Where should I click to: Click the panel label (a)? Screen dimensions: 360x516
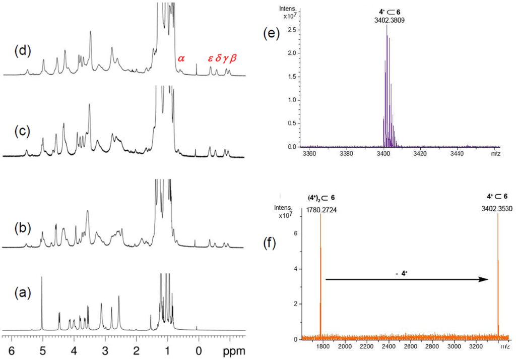(22, 292)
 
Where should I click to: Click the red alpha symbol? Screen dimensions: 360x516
(181, 59)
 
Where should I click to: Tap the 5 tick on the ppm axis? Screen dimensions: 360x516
(43, 350)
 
